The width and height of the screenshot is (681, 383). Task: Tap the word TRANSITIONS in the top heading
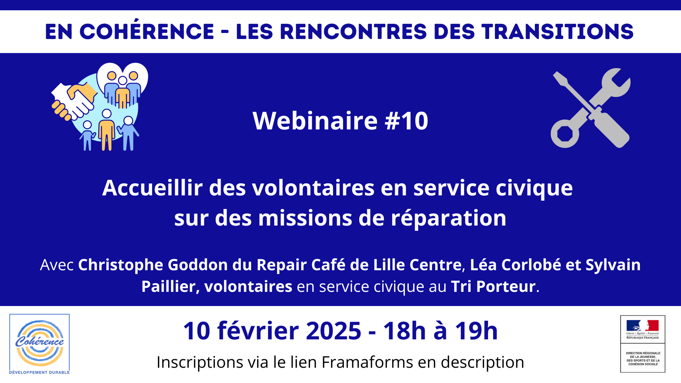[x=558, y=32]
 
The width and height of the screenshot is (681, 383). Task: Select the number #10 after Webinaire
[x=407, y=121]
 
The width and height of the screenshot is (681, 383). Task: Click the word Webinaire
[x=315, y=121]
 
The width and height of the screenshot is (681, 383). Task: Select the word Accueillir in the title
[x=153, y=188]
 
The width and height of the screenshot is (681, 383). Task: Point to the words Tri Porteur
[x=493, y=287]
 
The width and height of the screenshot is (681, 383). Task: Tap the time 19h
[x=476, y=331]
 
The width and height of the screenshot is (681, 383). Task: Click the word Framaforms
[x=367, y=362]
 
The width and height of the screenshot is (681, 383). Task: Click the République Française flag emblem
[x=642, y=326]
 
